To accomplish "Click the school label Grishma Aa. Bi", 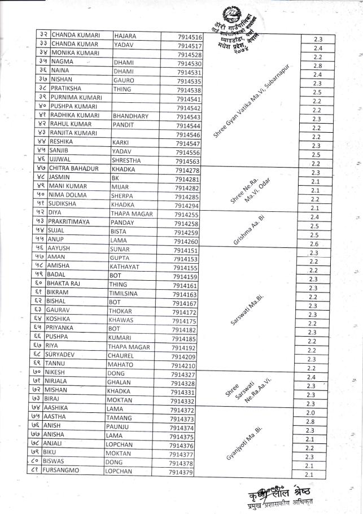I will tap(249, 228).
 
